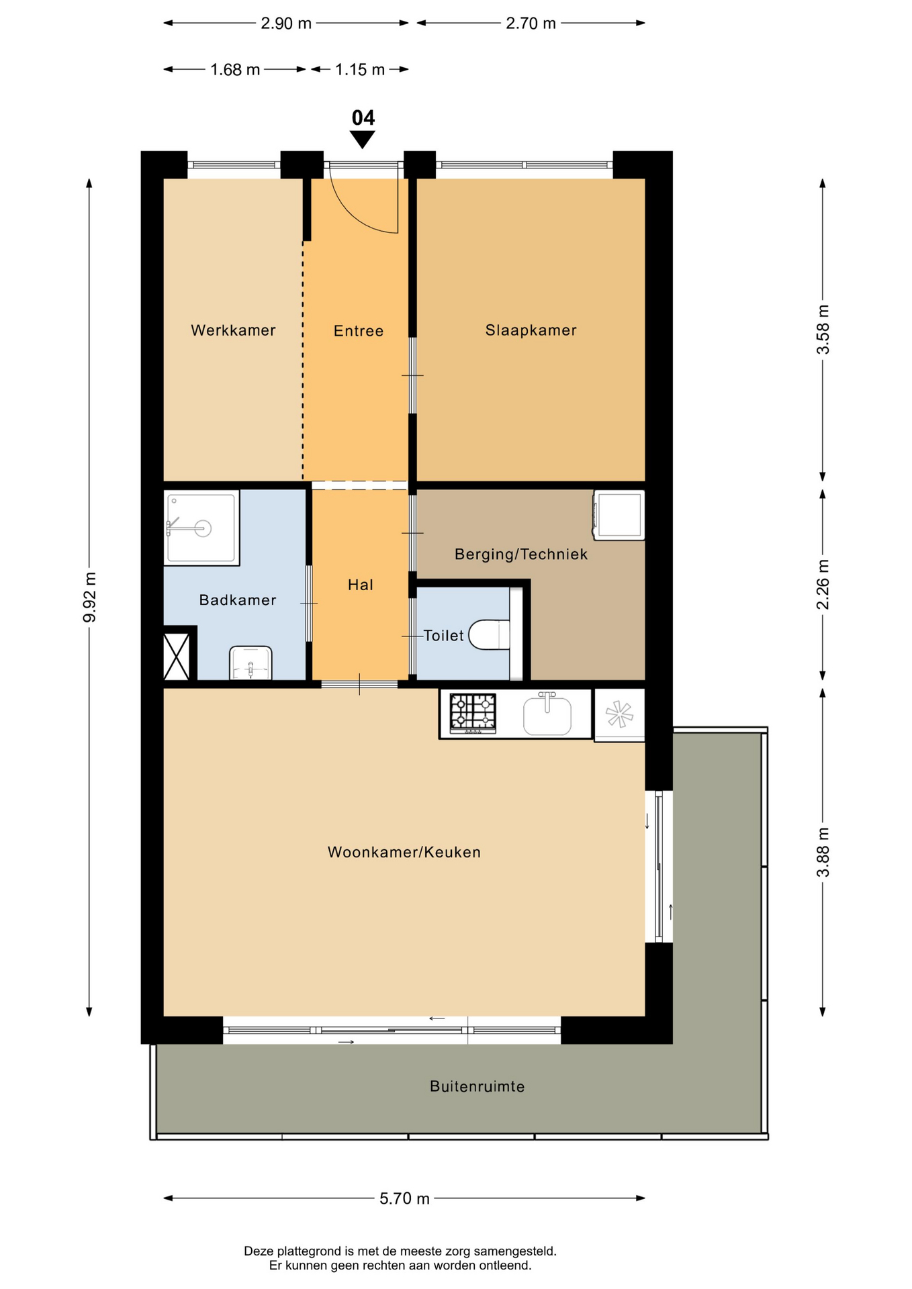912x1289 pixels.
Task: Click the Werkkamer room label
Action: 233,330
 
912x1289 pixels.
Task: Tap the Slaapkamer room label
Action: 531,330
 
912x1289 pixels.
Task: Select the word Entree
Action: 359,331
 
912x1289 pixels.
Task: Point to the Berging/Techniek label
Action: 521,555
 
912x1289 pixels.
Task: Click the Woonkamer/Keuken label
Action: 404,852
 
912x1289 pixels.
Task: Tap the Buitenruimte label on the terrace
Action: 477,1086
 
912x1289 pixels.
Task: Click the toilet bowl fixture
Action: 490,635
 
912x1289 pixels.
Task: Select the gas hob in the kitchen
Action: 473,713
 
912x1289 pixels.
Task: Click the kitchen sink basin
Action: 547,716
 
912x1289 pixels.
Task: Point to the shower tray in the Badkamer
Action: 201,528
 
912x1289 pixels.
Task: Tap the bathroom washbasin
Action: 251,663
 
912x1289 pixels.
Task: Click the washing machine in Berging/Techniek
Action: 619,515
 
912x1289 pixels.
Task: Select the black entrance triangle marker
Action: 363,140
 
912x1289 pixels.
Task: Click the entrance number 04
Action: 363,118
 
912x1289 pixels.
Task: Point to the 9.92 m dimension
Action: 89,598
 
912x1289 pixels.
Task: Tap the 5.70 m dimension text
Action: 404,1198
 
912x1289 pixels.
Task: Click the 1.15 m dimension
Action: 360,69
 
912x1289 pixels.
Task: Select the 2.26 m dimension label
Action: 823,584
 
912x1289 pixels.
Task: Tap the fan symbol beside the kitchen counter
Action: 619,714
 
